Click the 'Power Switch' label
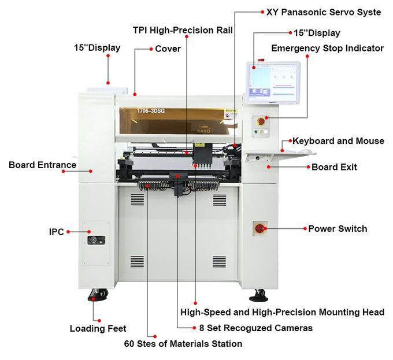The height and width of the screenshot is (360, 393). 338,228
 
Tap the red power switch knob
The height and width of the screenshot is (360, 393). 259,228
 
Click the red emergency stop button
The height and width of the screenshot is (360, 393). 261,121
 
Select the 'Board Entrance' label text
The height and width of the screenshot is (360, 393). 42,165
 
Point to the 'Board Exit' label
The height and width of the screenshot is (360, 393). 334,167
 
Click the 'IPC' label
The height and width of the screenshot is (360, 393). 57,232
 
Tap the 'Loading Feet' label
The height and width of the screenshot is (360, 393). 98,328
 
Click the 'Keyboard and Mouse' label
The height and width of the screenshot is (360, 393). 338,141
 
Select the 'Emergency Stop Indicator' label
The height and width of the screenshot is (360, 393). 327,48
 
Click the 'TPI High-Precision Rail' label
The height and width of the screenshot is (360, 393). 183,30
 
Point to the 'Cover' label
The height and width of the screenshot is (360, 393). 168,49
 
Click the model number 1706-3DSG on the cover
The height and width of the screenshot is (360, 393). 151,111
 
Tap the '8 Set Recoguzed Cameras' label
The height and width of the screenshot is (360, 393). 256,328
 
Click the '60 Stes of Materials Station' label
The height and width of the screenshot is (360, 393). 183,343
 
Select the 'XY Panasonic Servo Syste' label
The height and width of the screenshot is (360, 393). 324,12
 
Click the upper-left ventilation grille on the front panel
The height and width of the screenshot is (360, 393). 137,200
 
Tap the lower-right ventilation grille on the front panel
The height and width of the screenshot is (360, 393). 219,262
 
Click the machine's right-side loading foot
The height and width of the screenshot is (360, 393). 259,295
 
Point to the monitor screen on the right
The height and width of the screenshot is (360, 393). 273,83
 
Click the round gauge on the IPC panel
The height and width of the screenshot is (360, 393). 92,240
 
